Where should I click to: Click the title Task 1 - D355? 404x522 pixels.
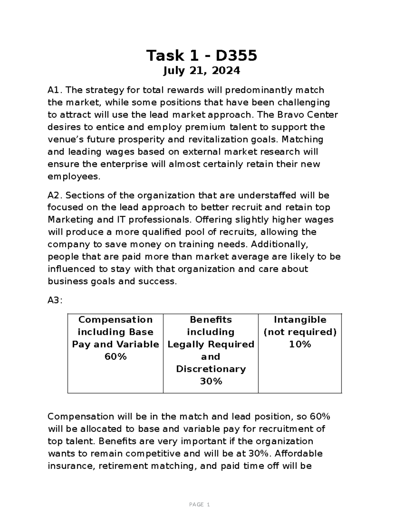(201, 55)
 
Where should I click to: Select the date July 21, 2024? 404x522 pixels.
(201, 71)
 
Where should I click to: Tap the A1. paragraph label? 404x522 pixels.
(56, 90)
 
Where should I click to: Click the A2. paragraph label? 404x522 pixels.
(56, 195)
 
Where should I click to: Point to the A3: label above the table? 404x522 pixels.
(55, 300)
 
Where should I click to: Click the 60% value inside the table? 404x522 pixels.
(115, 357)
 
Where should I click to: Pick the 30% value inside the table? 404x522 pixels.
(211, 381)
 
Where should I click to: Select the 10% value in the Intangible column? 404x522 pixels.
(300, 344)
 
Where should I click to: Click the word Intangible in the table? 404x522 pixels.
(300, 319)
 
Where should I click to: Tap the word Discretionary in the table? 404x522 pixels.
(211, 369)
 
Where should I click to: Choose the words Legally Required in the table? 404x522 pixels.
(211, 344)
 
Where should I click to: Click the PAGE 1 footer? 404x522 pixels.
(200, 505)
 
